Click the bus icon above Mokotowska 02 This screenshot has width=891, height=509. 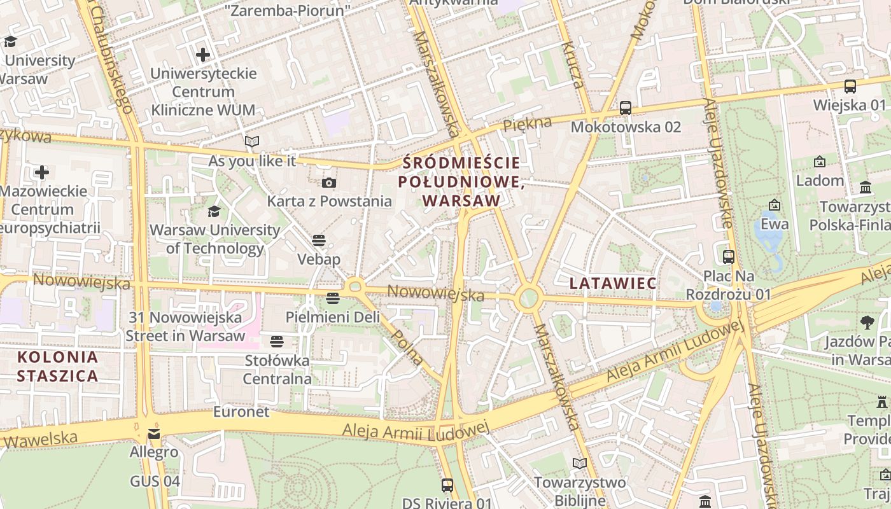click(626, 108)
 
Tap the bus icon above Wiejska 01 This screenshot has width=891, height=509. click(850, 86)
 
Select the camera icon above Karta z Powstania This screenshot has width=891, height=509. click(328, 183)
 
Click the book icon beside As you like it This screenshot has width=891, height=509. click(252, 141)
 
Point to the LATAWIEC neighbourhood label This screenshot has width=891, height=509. click(613, 283)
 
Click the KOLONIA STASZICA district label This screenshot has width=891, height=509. click(58, 366)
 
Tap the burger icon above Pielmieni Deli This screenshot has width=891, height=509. click(332, 298)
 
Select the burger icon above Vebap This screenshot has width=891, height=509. click(319, 241)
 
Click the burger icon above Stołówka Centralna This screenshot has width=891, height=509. click(276, 342)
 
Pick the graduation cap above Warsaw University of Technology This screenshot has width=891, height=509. click(214, 211)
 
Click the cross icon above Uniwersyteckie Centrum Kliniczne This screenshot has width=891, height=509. click(203, 55)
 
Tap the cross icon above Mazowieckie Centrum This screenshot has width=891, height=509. click(42, 172)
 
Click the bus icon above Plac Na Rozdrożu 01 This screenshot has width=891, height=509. click(729, 257)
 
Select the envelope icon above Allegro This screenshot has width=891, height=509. click(154, 434)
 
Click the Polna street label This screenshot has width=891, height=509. click(407, 347)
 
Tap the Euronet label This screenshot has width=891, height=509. click(241, 412)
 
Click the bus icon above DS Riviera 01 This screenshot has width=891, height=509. click(447, 485)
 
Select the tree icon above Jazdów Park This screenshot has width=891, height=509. click(867, 323)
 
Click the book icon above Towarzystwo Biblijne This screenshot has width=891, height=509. click(579, 464)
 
